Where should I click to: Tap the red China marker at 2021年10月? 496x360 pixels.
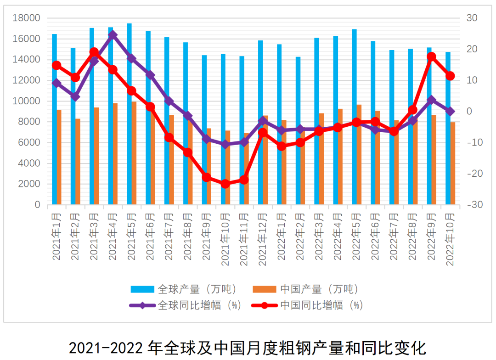click(225, 184)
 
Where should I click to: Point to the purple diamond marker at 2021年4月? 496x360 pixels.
click(113, 35)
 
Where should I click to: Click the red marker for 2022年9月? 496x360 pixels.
click(431, 56)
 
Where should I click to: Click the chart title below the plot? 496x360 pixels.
click(248, 347)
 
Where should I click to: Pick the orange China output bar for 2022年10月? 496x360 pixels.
click(453, 163)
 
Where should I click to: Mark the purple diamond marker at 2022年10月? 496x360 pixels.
click(450, 111)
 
